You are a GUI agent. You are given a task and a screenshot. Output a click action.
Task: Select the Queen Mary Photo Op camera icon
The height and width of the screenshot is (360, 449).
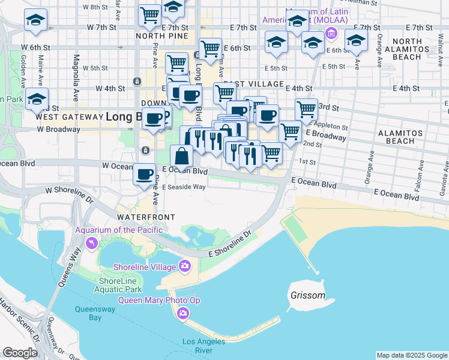183,313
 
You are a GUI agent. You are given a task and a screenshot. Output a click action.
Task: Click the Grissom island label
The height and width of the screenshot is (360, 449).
307,296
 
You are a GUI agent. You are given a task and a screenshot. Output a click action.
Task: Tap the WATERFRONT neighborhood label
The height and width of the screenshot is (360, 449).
146,217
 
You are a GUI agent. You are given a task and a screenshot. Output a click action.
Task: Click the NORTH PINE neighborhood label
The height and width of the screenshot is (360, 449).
158,35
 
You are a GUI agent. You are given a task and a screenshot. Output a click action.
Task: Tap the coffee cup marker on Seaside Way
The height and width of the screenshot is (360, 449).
144,175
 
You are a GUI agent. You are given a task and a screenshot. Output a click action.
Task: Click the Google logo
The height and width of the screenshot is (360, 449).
20,353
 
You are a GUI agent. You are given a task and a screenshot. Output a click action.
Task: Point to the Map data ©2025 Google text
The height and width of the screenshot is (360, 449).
412,355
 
